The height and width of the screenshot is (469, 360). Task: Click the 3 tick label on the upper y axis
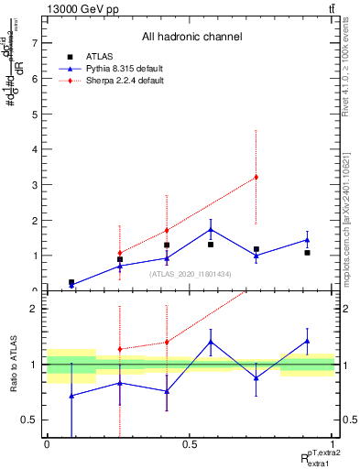(33, 185)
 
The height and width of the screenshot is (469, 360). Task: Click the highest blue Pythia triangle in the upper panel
(211, 230)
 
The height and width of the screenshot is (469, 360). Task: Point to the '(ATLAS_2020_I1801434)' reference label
(191, 273)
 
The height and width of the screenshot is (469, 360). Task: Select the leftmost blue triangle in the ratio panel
(71, 396)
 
